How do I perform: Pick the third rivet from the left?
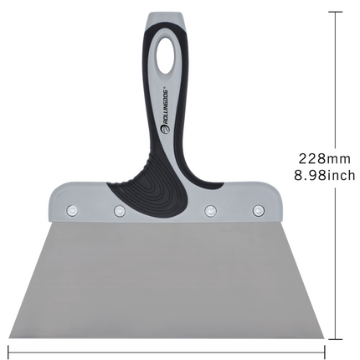click(210, 209)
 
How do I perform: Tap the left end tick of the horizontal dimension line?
click(8, 350)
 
